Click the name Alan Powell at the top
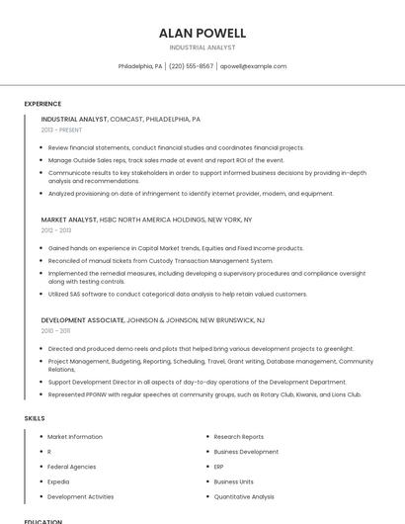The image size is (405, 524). (202, 33)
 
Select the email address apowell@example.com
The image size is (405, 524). (253, 66)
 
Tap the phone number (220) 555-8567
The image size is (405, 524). (191, 66)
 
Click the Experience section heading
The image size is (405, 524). (42, 104)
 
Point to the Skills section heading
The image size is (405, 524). (35, 418)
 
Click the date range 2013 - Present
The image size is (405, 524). (61, 130)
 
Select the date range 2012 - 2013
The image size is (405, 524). (56, 230)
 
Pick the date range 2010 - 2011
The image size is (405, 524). (55, 331)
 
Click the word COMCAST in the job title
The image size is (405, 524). (125, 119)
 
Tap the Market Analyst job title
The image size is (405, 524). (69, 219)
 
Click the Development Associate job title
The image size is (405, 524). (83, 320)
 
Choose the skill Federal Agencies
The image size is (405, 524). (72, 467)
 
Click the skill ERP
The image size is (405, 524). (219, 467)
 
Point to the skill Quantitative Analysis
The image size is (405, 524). (244, 496)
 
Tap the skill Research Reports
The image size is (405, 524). (239, 436)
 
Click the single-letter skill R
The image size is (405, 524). (49, 452)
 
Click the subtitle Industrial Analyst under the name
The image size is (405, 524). (202, 47)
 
